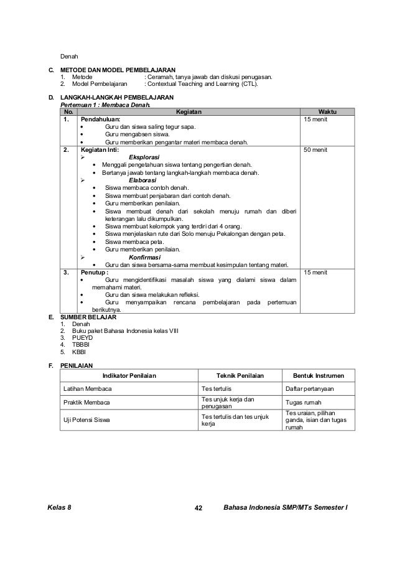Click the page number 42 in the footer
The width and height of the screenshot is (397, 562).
[x=199, y=508]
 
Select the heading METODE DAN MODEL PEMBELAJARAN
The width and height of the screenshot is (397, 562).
[x=118, y=69]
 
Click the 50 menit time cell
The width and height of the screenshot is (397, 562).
[x=315, y=150]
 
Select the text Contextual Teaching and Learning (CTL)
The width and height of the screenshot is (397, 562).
[x=200, y=83]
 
